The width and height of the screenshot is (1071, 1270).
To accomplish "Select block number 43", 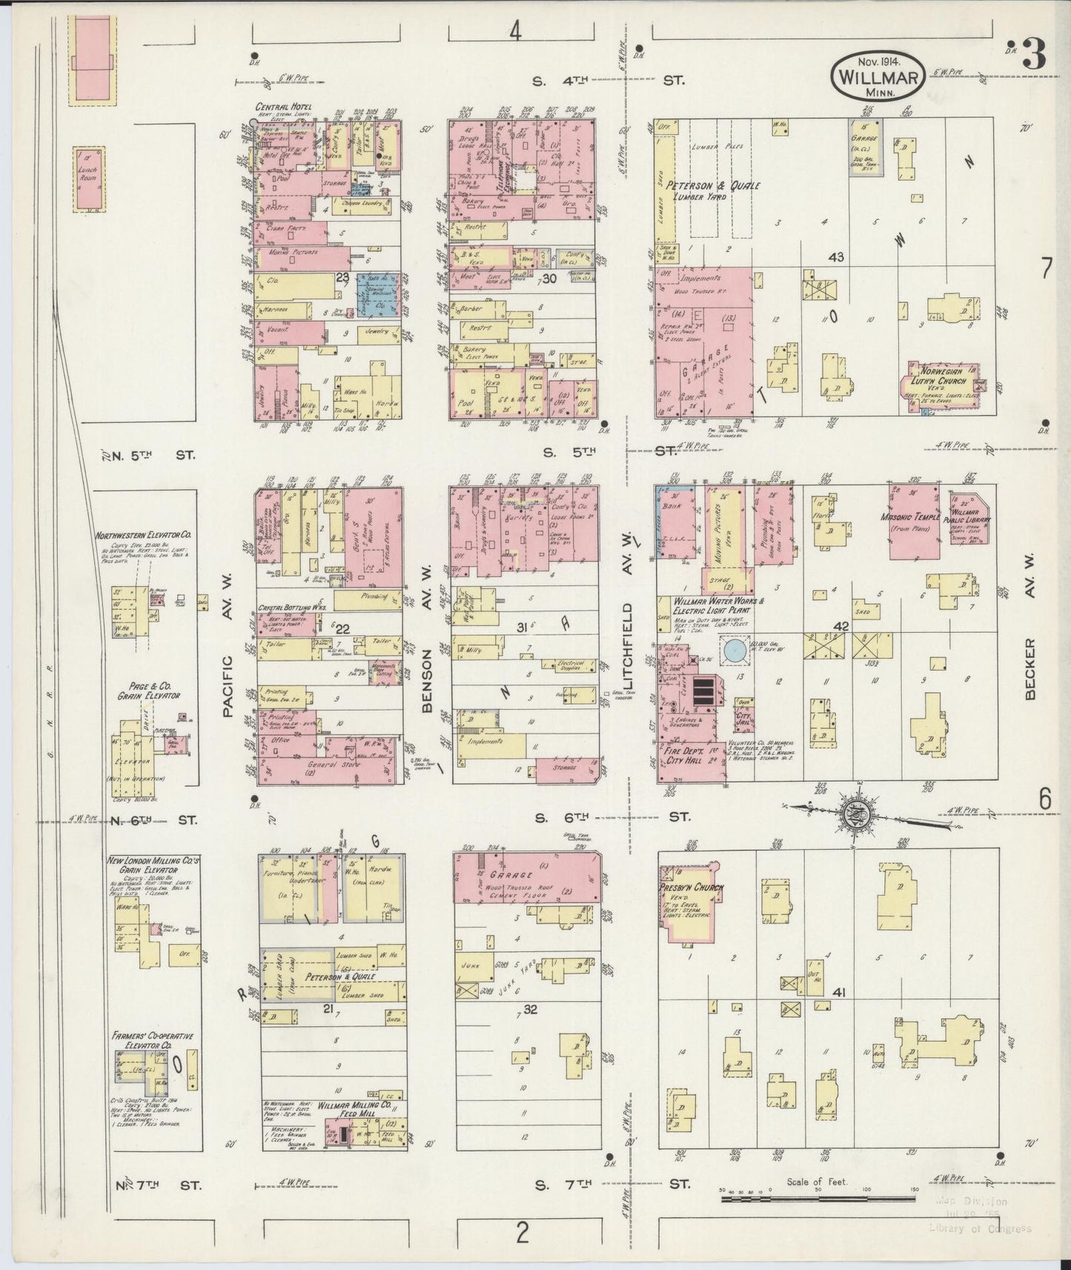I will coord(836,256).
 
